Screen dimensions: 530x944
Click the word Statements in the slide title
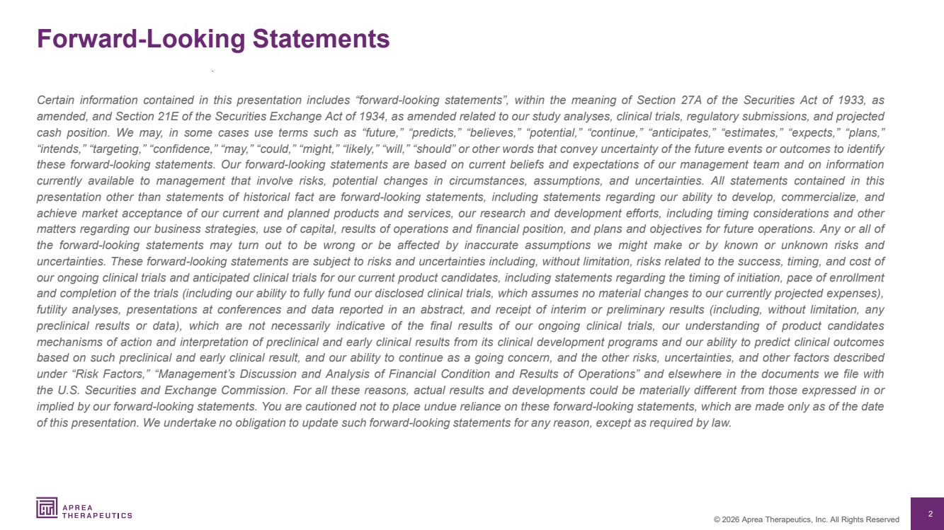321,38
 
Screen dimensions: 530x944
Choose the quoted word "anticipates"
615,132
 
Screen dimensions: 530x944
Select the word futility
52,309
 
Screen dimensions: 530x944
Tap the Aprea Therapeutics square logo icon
47,507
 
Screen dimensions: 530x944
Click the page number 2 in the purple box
931,514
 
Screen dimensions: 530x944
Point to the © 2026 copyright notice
806,519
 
